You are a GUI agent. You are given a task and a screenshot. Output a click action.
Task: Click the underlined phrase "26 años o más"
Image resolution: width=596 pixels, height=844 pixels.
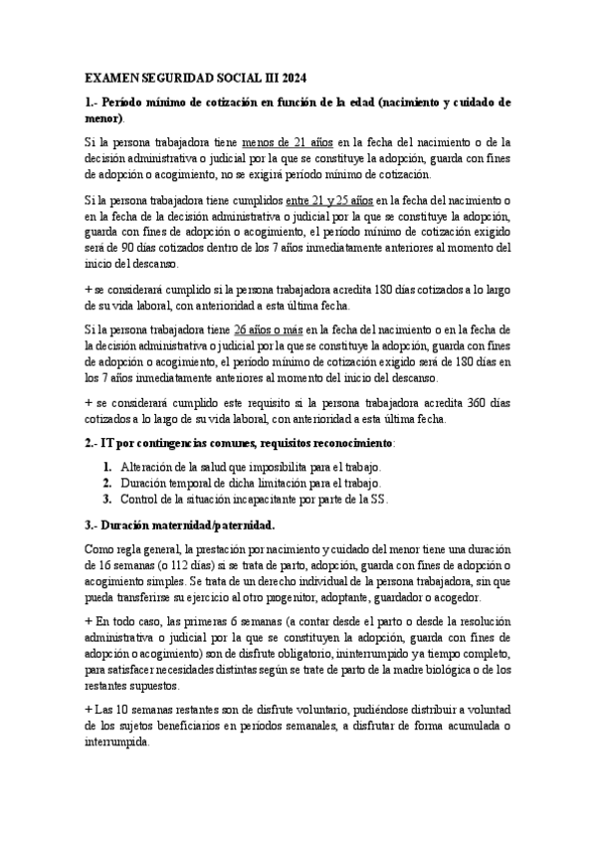point(272,328)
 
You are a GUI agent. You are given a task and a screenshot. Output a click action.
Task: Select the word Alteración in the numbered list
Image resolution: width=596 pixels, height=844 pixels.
point(153,467)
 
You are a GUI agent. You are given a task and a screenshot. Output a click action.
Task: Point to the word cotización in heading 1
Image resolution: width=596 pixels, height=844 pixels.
point(231,102)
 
